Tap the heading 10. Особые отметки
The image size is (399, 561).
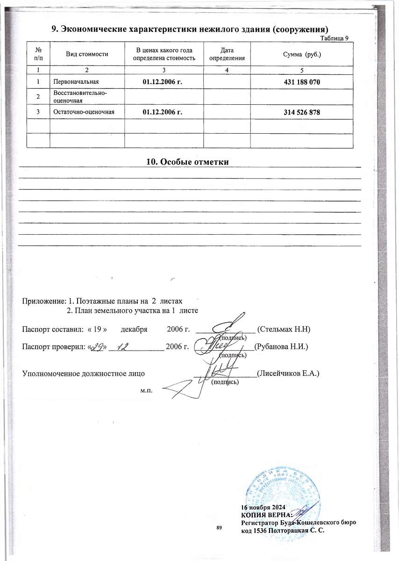pos(188,162)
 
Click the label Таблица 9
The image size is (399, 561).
pos(334,38)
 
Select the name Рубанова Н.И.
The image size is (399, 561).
pos(281,347)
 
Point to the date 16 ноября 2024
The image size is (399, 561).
pos(263,508)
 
